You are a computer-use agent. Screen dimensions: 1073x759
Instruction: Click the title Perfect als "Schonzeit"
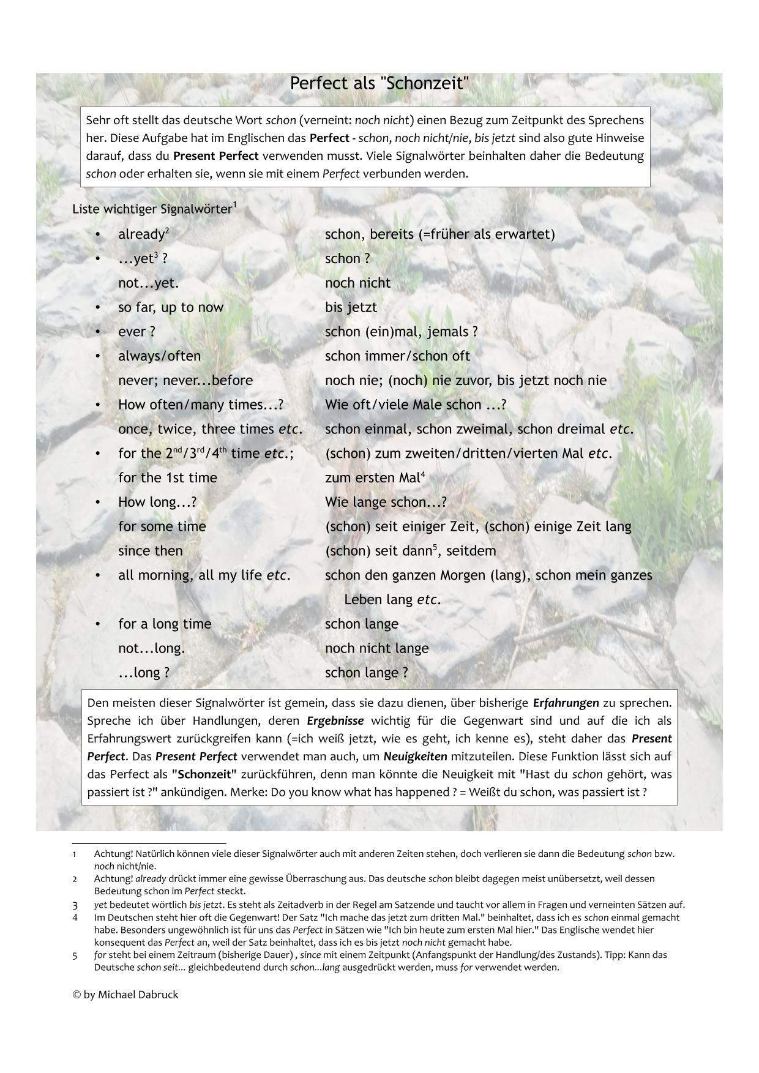pyautogui.click(x=379, y=83)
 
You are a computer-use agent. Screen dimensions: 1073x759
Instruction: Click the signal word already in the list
pyautogui.click(x=141, y=234)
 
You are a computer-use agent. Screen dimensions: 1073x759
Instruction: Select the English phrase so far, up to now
pyautogui.click(x=171, y=307)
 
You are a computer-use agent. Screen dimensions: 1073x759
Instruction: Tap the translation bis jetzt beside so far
pyautogui.click(x=351, y=307)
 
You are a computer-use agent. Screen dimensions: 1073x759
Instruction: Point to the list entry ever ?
pyautogui.click(x=136, y=332)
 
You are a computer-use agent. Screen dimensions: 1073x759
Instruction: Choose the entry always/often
pyautogui.click(x=159, y=356)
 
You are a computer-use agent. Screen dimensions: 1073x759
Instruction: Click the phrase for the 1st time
pyautogui.click(x=167, y=477)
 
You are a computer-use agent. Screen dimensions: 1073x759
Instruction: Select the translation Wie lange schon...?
pyautogui.click(x=386, y=502)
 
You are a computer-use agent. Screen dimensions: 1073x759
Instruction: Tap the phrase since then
pyautogui.click(x=150, y=551)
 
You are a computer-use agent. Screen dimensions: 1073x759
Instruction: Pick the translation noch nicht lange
pyautogui.click(x=376, y=648)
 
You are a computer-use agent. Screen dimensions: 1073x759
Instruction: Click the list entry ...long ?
pyautogui.click(x=143, y=673)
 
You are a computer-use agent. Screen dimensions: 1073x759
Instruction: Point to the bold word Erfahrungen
pyautogui.click(x=566, y=703)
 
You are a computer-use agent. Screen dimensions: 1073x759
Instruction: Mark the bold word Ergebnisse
pyautogui.click(x=335, y=720)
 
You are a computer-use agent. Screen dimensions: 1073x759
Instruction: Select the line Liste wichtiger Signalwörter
pyautogui.click(x=152, y=209)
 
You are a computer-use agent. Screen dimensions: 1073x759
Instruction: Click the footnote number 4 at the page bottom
pyautogui.click(x=75, y=918)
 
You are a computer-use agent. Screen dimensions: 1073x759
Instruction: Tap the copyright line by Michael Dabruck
pyautogui.click(x=125, y=995)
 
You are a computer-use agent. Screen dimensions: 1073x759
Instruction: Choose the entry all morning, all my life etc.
pyautogui.click(x=204, y=575)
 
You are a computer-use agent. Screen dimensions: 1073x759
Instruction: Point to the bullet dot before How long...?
pyautogui.click(x=97, y=502)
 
